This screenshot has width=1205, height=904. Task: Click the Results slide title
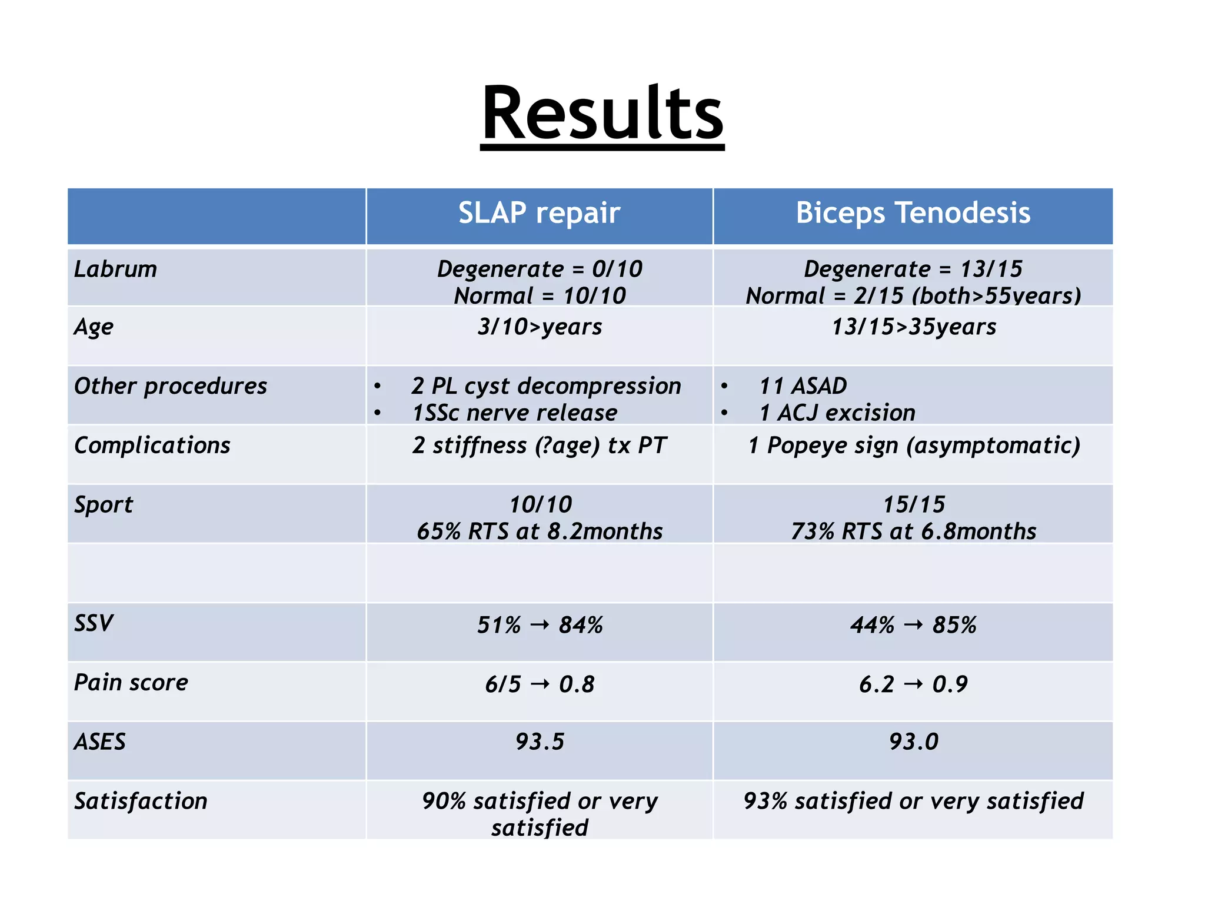coord(602,113)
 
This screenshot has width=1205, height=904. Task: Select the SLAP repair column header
coord(539,213)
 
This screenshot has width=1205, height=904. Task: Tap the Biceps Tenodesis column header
coord(913,213)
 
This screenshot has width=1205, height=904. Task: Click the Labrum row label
coord(116,270)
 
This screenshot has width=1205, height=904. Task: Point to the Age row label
coord(94,327)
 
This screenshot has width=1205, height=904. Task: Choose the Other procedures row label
coord(171,386)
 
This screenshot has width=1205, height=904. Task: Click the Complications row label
coord(152,446)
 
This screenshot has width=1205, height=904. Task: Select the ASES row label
coord(100,742)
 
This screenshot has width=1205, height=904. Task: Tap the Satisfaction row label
coord(141,801)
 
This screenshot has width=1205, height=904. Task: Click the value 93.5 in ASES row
coord(540,742)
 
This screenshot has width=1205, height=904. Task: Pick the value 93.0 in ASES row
coord(913,742)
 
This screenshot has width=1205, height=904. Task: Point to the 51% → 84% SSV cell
coord(540,625)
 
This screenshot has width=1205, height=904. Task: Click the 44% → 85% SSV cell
coord(913,625)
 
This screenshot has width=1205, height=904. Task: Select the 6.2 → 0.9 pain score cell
coord(913,684)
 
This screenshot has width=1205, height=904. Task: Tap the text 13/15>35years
coord(913,327)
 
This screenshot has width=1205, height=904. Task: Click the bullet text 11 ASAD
coord(803,386)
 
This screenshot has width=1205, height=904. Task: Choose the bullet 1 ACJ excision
coord(837,413)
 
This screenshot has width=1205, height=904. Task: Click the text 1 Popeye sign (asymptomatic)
coord(914,446)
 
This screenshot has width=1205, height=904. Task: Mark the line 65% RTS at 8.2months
coord(540,531)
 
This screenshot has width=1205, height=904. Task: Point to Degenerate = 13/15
coord(913,270)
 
